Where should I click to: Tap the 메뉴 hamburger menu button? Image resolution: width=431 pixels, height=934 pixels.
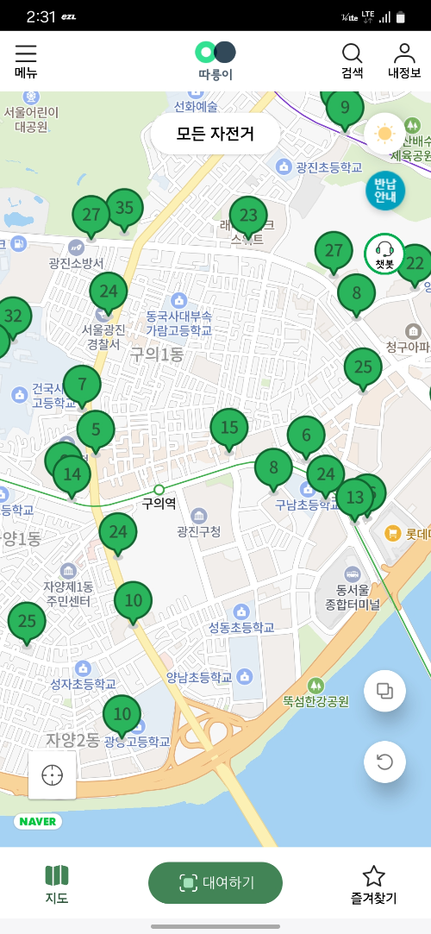tap(26, 60)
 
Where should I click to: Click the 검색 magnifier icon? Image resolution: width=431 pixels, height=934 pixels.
tap(353, 60)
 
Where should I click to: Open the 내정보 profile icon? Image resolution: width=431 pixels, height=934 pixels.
tap(403, 60)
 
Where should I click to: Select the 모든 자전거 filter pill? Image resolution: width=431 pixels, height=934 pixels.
tap(215, 134)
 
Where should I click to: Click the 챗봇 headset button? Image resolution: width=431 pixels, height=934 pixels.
tap(384, 254)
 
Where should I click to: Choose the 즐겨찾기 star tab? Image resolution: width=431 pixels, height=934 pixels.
tap(373, 884)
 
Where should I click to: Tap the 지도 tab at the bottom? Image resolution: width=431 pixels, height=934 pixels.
tap(57, 884)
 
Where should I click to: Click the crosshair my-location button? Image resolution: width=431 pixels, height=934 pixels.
tap(52, 774)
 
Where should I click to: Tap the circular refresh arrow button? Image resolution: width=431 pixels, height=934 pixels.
tap(384, 762)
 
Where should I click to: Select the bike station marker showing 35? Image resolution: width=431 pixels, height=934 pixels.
tap(125, 208)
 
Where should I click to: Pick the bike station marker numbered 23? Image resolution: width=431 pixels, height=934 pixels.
tap(248, 216)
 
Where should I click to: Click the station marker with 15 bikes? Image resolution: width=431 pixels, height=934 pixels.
tap(229, 428)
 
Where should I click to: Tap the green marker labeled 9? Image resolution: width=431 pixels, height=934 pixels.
tap(345, 108)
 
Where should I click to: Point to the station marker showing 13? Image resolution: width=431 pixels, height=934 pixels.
tap(355, 498)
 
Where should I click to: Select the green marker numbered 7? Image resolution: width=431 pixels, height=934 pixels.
tap(82, 385)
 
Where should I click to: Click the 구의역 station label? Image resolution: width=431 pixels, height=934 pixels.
tap(159, 502)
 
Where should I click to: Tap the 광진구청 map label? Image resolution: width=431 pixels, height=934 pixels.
tap(198, 529)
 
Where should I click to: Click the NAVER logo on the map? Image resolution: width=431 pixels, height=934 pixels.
tap(38, 821)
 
